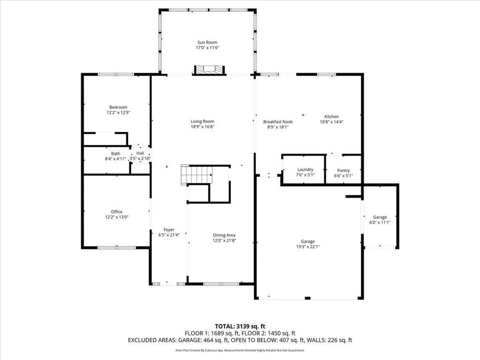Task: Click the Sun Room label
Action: (x=207, y=42)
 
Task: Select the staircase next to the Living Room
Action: (x=197, y=175)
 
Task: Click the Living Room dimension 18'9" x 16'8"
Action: (x=202, y=127)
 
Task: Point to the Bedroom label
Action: (x=118, y=107)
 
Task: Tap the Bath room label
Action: (x=115, y=153)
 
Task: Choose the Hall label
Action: (x=140, y=153)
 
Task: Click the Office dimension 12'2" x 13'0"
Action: (x=117, y=217)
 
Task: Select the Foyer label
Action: (x=169, y=230)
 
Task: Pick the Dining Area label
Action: (x=224, y=235)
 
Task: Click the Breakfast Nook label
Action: (x=278, y=121)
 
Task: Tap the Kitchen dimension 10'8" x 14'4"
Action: (x=331, y=122)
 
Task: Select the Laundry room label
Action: (x=305, y=170)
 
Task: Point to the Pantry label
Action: (x=344, y=171)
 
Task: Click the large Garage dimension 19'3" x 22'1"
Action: (x=307, y=247)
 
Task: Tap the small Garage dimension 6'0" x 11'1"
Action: (x=380, y=223)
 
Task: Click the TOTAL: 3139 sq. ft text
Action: (x=240, y=326)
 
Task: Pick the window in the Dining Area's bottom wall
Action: (x=221, y=284)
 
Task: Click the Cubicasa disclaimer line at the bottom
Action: (x=240, y=350)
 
